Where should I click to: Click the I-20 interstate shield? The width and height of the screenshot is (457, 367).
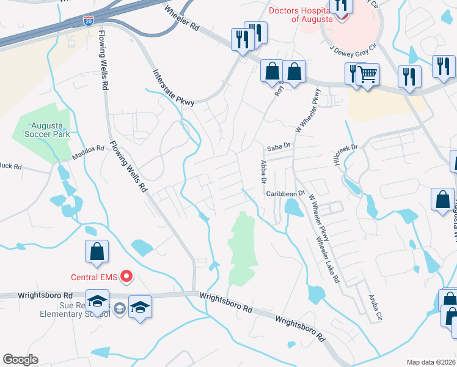(89, 21)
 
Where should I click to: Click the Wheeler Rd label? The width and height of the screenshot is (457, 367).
(182, 19)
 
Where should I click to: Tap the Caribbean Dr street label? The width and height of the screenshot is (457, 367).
(285, 193)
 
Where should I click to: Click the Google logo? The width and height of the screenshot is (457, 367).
(20, 360)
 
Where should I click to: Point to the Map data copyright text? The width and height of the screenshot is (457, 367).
(431, 362)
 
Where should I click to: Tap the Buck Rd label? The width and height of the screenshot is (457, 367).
(10, 166)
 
